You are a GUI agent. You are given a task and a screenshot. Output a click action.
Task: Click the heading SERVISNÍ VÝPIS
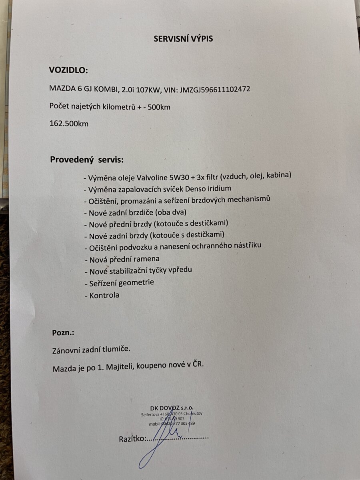point(184,39)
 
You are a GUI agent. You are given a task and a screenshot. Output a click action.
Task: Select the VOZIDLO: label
point(68,70)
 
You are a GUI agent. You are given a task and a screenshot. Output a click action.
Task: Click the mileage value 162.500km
point(69,124)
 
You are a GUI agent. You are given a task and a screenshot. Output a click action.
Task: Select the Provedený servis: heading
point(87,160)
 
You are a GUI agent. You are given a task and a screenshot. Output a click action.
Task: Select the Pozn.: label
point(63,333)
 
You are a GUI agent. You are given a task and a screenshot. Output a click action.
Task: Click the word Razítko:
point(132,439)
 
